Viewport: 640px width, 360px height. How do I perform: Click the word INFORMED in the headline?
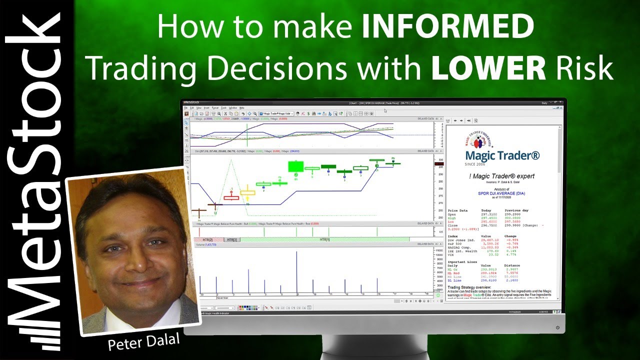pyautogui.click(x=447, y=27)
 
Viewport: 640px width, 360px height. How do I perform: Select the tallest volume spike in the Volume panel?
pyautogui.click(x=296, y=272)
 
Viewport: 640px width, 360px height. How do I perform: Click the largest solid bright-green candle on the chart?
pyautogui.click(x=296, y=166)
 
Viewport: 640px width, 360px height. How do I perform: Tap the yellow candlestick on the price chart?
pyautogui.click(x=247, y=192)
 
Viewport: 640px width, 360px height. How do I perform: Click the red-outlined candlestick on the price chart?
pyautogui.click(x=231, y=197)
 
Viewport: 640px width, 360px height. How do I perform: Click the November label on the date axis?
pyautogui.click(x=223, y=297)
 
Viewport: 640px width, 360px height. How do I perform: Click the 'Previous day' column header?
pyautogui.click(x=516, y=210)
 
